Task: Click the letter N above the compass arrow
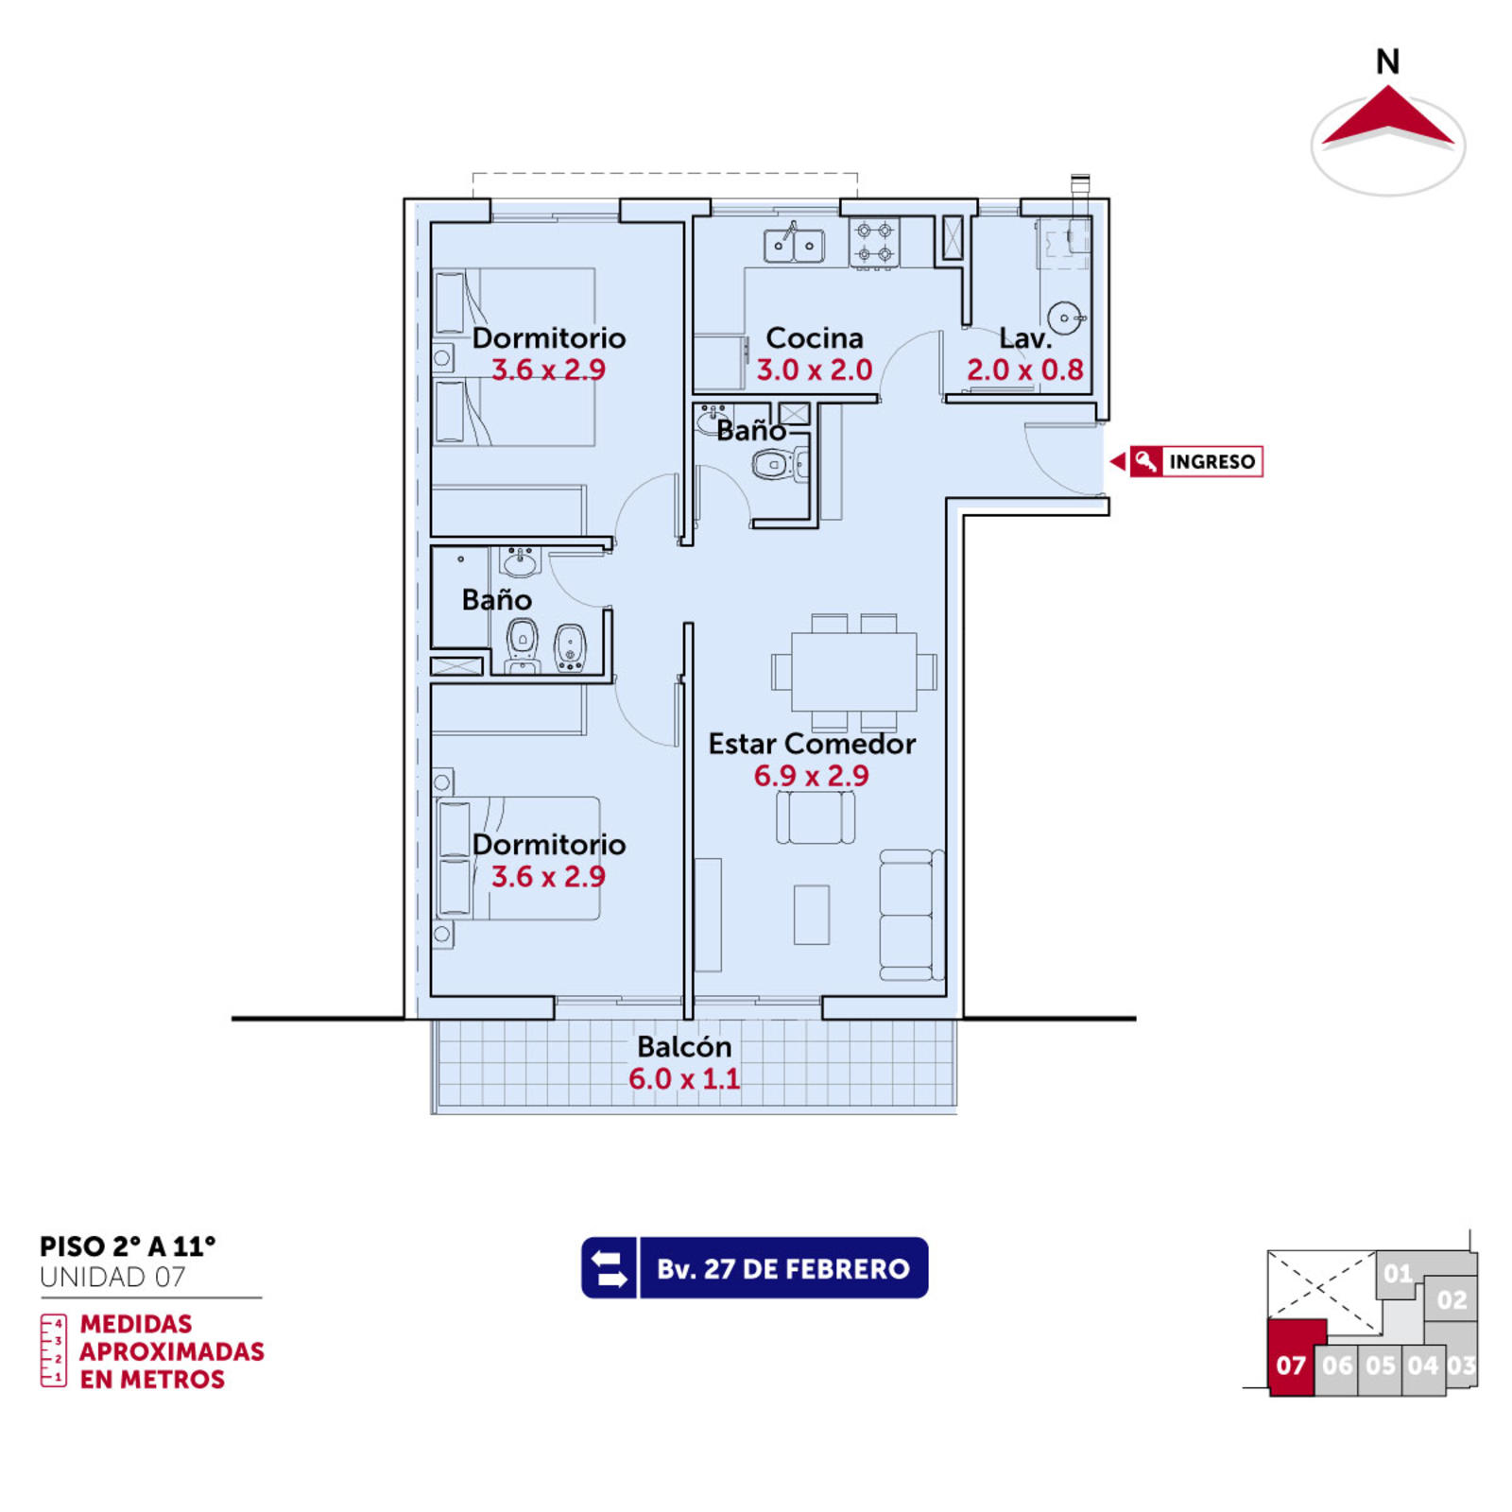(x=1387, y=61)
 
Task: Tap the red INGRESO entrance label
(x=1196, y=461)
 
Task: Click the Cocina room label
(x=814, y=337)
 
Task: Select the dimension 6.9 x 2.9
(x=811, y=776)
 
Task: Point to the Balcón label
(x=684, y=1046)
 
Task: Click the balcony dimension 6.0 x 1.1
(x=684, y=1078)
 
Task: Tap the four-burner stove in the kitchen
(x=874, y=242)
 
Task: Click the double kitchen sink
(x=794, y=246)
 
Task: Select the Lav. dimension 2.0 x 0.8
(x=1024, y=369)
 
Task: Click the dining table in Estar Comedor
(x=853, y=671)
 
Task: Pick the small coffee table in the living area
(x=811, y=914)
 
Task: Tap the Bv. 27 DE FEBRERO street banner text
(x=783, y=1268)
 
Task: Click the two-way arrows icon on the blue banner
(x=610, y=1268)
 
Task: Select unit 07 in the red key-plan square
(x=1290, y=1366)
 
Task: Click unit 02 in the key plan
(x=1452, y=1300)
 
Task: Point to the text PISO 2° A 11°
(x=128, y=1246)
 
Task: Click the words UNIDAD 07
(x=112, y=1278)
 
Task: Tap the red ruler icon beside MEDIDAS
(x=53, y=1350)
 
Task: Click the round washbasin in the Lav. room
(x=1065, y=318)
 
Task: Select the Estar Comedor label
(x=812, y=744)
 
